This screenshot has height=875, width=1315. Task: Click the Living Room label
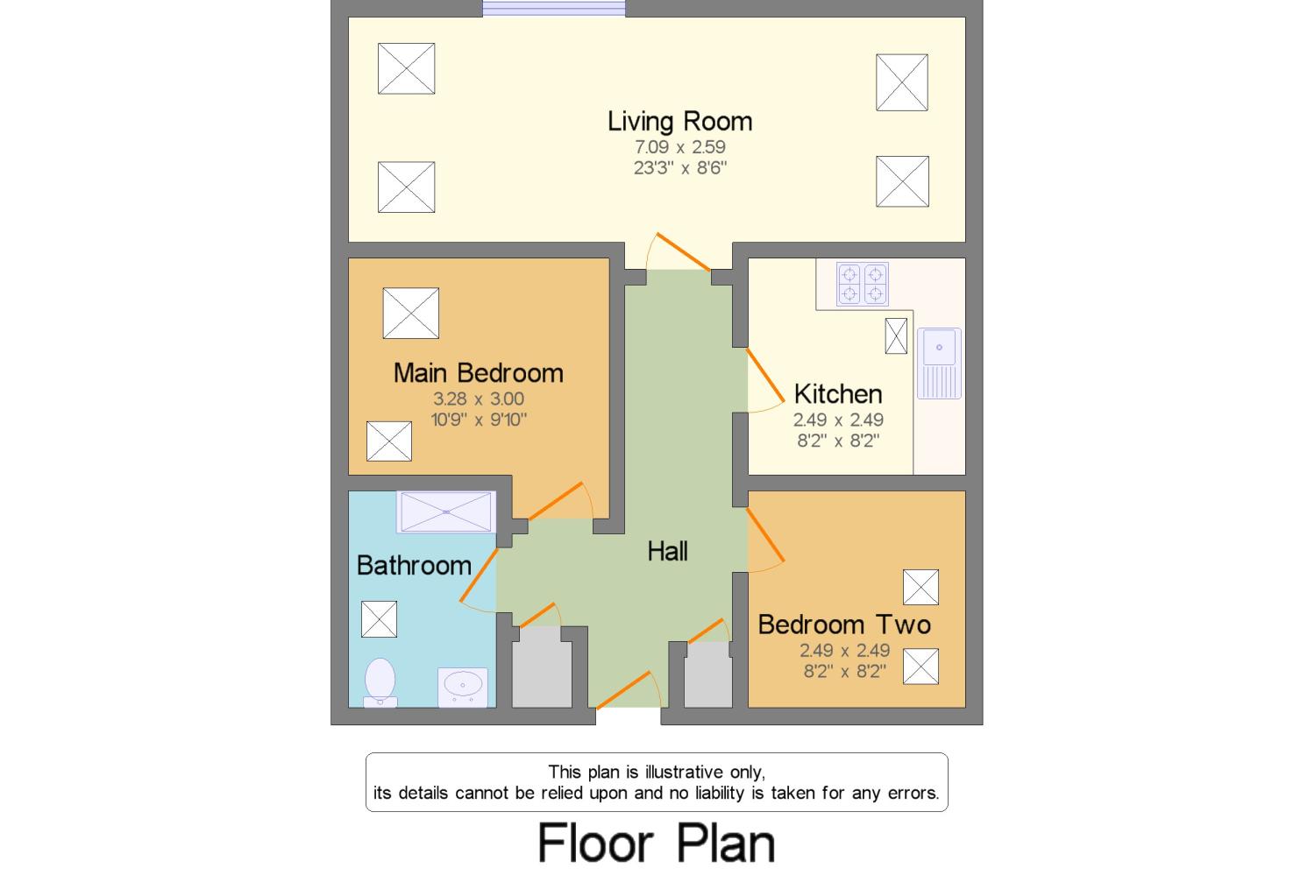pos(679,121)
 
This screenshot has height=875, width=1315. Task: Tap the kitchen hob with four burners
pos(862,284)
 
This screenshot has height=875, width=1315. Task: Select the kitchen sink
pos(939,363)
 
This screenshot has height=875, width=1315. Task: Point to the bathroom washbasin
pos(462,685)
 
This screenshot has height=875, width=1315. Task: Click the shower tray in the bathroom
pos(446,512)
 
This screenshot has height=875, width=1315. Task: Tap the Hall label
pos(667,551)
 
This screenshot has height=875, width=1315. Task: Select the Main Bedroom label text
pos(478,373)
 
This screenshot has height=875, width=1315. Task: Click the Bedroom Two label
pos(843,624)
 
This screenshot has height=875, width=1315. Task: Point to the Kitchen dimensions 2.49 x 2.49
pos(838,420)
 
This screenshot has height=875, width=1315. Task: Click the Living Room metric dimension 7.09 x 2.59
pos(679,147)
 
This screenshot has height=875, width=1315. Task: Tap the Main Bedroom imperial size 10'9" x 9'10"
pos(478,420)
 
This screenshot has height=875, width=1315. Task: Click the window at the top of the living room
pos(554,9)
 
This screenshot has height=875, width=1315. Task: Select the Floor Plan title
pos(656,843)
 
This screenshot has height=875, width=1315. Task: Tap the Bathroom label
pos(414,565)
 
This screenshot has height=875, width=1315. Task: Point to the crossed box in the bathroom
pos(379,619)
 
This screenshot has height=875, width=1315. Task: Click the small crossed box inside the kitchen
pos(896,335)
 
